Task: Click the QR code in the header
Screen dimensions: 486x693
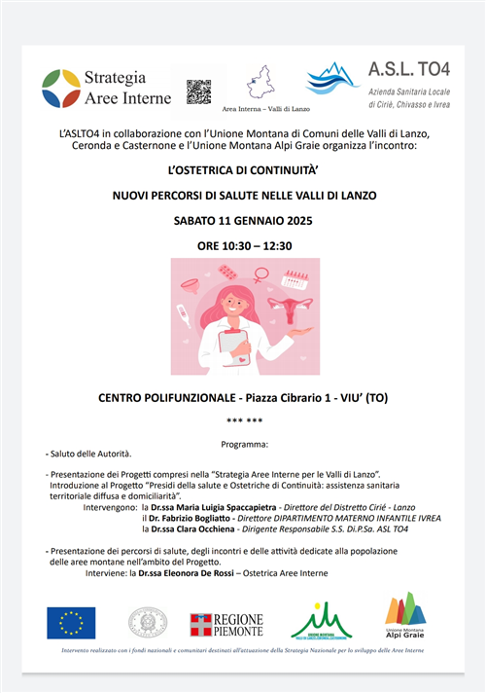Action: (199, 91)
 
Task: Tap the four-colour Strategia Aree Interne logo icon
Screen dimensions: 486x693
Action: (61, 88)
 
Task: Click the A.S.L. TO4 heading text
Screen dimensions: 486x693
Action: (409, 70)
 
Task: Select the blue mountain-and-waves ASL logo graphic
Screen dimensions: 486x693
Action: (332, 79)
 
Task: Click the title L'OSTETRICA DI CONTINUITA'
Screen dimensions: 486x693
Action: (242, 168)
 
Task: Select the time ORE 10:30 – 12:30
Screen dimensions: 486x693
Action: (243, 246)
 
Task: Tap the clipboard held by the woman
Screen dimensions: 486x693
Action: (232, 343)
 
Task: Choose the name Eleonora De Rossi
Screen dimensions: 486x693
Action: (226, 573)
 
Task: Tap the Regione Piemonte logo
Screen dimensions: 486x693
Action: (226, 624)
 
